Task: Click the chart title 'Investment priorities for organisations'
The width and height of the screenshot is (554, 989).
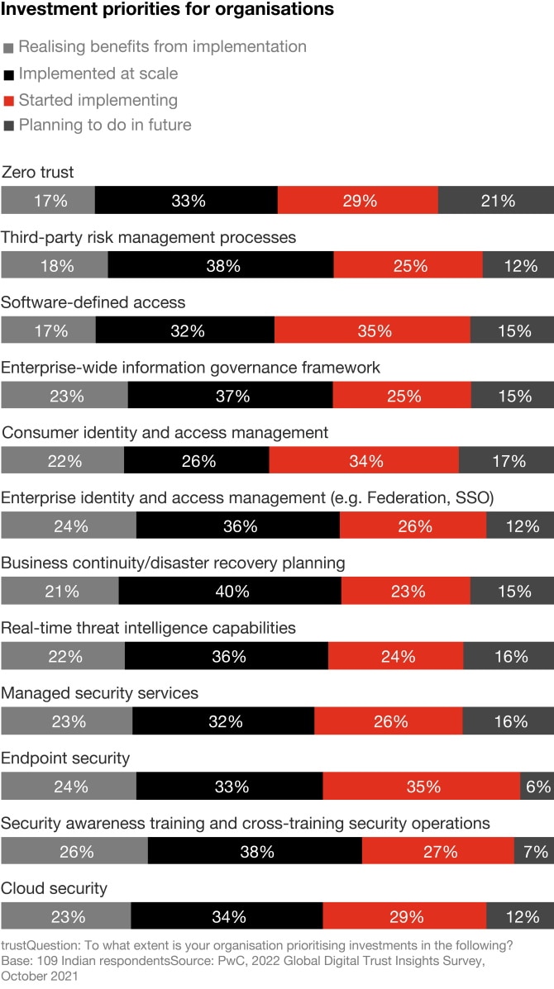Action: click(168, 10)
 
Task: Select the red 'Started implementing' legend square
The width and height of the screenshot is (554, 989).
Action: click(8, 101)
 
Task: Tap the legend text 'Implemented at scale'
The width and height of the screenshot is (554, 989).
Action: click(98, 74)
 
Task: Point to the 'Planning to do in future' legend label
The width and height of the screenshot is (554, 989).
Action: click(105, 126)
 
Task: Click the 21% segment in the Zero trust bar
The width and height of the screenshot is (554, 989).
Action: click(496, 201)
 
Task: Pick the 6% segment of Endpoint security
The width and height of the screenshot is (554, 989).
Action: click(537, 787)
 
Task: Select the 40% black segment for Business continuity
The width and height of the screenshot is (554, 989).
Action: click(230, 592)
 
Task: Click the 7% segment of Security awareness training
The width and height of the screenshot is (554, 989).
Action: click(534, 852)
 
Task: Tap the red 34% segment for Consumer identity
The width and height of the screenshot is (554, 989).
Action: click(364, 461)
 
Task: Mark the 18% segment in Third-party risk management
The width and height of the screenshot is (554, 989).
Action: click(55, 266)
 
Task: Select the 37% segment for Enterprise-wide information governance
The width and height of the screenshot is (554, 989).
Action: click(231, 396)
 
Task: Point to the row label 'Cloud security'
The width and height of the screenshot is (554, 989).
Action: click(55, 889)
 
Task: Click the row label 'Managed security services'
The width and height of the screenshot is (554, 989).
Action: click(100, 693)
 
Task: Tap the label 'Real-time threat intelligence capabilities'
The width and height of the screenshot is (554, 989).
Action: click(148, 628)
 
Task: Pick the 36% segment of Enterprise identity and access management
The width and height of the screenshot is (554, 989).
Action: click(238, 526)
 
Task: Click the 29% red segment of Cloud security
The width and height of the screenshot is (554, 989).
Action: click(404, 916)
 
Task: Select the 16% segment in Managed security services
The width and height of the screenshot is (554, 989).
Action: click(509, 721)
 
